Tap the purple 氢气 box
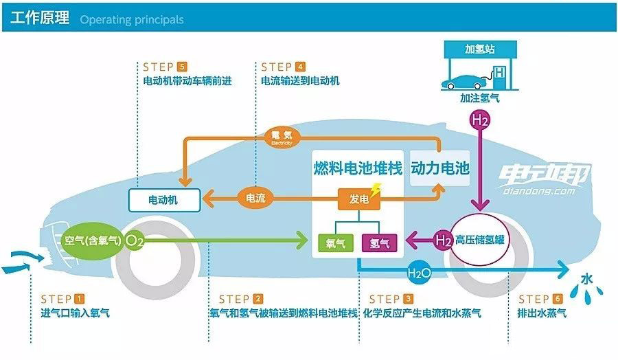[x=379, y=243]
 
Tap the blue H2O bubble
[x=420, y=273]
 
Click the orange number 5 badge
[x=181, y=67]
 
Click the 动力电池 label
[x=440, y=168]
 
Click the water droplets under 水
[x=586, y=293]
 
